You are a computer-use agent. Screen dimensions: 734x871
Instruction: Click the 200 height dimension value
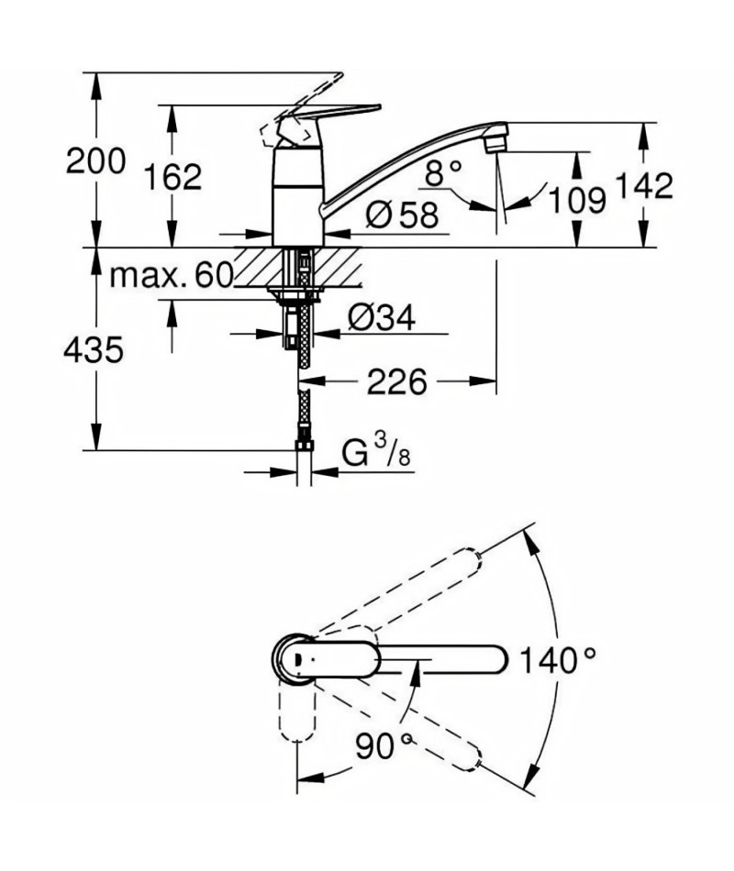(x=95, y=162)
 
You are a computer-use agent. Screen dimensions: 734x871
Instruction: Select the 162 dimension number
(x=172, y=177)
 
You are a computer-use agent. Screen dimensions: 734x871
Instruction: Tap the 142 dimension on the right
(x=644, y=186)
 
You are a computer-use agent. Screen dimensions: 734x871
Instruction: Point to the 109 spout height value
(x=576, y=200)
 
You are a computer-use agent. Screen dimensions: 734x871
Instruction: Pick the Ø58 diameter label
(x=402, y=214)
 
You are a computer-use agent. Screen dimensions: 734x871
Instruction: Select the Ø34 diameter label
(x=382, y=318)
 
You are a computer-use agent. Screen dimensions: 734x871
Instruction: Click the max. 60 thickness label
(x=170, y=275)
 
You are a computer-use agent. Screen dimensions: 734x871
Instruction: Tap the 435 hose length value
(x=94, y=350)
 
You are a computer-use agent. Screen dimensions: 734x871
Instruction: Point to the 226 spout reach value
(x=397, y=382)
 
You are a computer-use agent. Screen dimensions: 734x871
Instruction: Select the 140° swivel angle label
(x=557, y=660)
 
